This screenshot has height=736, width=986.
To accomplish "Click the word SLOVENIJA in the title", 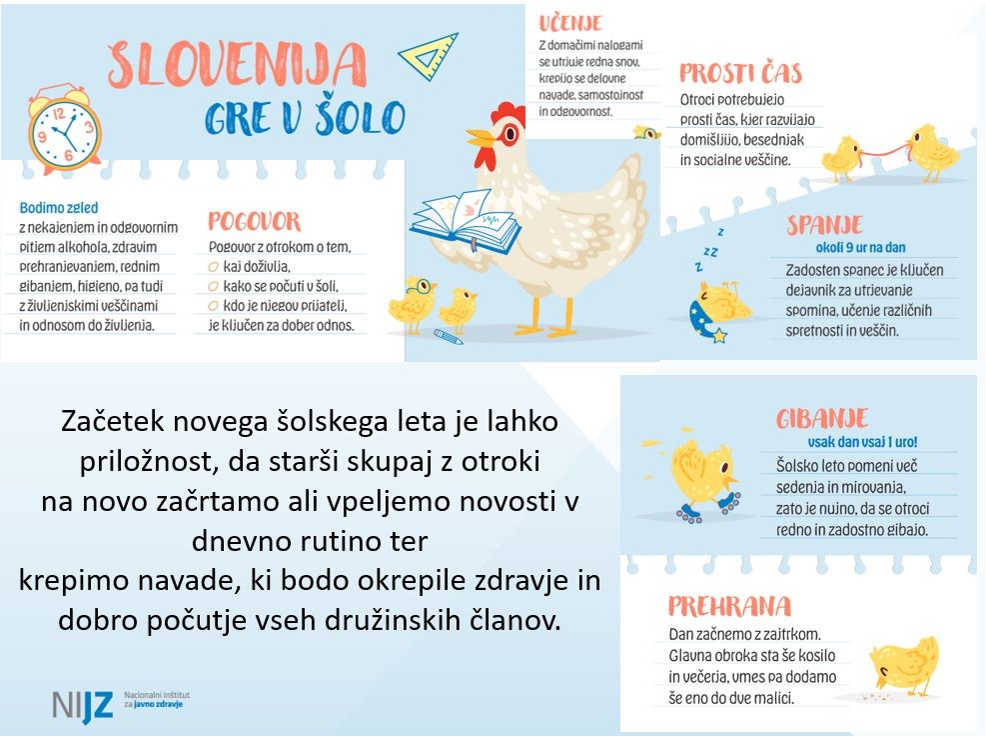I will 237,64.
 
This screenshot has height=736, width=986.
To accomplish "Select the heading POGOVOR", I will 254,221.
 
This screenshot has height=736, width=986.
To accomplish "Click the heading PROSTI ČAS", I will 740,73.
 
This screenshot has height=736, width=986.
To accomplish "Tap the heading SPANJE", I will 824,223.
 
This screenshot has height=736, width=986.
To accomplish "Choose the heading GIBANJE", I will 822,418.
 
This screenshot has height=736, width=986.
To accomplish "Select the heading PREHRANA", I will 729,606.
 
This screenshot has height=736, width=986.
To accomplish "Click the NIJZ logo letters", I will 83,703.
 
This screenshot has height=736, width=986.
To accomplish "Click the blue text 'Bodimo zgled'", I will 59,208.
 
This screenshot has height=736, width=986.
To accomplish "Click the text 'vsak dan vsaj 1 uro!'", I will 862,441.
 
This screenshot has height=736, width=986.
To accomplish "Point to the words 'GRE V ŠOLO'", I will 305,117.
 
